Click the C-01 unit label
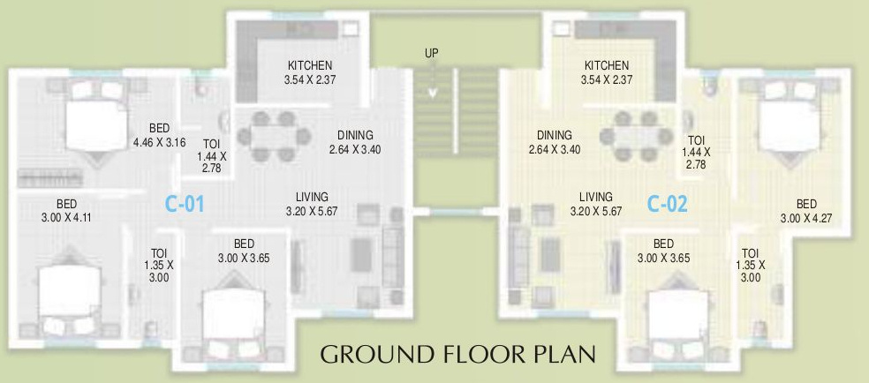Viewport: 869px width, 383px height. (185, 205)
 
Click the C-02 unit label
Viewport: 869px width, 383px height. (667, 205)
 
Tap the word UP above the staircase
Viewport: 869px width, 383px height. (431, 54)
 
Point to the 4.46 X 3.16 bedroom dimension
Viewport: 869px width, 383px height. (160, 141)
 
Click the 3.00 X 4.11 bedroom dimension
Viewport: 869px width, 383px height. (66, 215)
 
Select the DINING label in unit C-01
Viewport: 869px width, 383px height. (355, 135)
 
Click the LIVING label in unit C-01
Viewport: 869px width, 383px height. (313, 197)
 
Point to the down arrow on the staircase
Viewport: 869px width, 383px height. (432, 89)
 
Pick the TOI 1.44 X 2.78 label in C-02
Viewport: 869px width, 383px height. (697, 153)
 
